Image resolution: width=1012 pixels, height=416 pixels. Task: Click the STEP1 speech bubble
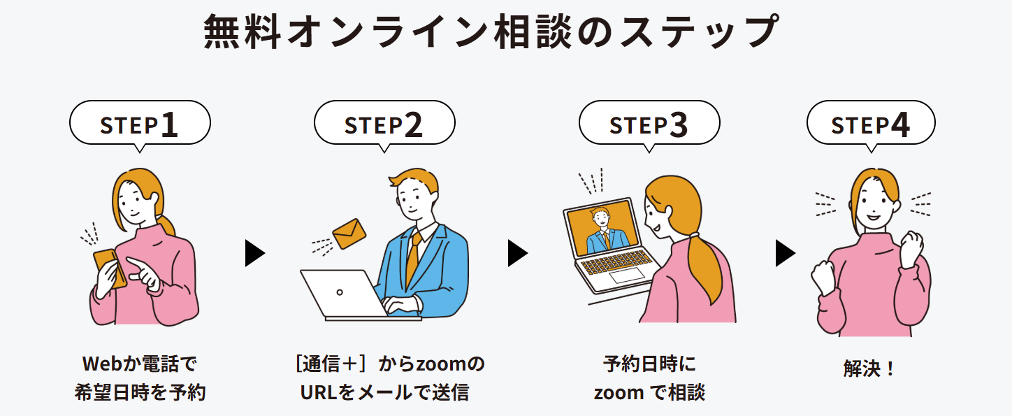pyautogui.click(x=140, y=124)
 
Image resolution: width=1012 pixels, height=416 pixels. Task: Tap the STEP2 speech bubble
pyautogui.click(x=384, y=124)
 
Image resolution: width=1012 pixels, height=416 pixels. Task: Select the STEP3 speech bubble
pyautogui.click(x=649, y=124)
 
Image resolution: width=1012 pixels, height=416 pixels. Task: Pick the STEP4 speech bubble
pyautogui.click(x=870, y=124)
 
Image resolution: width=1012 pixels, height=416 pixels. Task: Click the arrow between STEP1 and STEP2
pyautogui.click(x=254, y=253)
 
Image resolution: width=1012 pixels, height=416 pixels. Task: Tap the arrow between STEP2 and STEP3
pyautogui.click(x=517, y=253)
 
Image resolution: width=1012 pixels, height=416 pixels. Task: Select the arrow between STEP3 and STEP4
pyautogui.click(x=785, y=253)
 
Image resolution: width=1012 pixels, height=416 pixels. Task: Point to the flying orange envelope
pyautogui.click(x=349, y=234)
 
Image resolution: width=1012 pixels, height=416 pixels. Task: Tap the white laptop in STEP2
pyautogui.click(x=342, y=294)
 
